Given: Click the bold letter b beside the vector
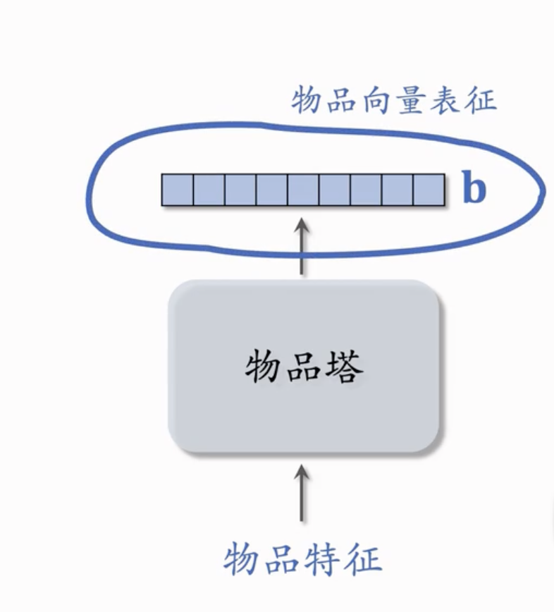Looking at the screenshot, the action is pyautogui.click(x=474, y=187).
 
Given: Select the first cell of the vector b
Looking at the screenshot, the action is pyautogui.click(x=178, y=190).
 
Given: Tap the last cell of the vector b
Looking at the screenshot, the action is pyautogui.click(x=429, y=190).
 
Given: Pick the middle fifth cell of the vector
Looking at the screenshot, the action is pyautogui.click(x=304, y=190).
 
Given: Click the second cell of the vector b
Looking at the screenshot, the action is pyautogui.click(x=209, y=190).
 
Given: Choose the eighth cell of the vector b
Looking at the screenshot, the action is pyautogui.click(x=398, y=190).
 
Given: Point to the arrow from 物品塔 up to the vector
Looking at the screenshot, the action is pyautogui.click(x=302, y=247).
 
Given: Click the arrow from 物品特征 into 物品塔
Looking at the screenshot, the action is pyautogui.click(x=302, y=494).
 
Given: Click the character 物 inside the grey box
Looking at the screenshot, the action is pyautogui.click(x=264, y=367).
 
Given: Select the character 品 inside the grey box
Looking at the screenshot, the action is pyautogui.click(x=304, y=368).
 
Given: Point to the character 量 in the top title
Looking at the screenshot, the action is pyautogui.click(x=409, y=100).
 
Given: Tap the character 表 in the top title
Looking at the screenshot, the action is pyautogui.click(x=445, y=100).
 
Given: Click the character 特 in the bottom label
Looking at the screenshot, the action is pyautogui.click(x=322, y=561).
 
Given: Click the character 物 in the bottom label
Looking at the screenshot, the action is pyautogui.click(x=242, y=561).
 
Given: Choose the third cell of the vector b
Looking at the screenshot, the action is pyautogui.click(x=240, y=190).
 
